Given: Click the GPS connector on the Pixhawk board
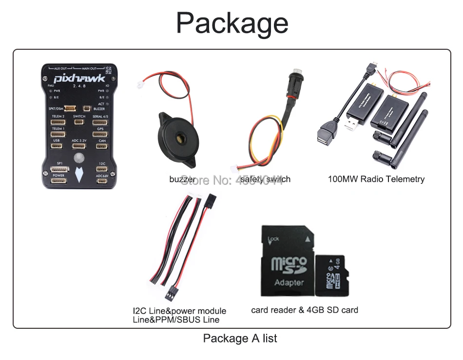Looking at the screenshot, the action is tap(100, 134).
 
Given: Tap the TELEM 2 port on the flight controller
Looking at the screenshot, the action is tap(58, 122).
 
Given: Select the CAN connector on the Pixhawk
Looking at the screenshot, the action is tap(102, 146).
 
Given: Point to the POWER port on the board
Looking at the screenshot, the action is tap(58, 181).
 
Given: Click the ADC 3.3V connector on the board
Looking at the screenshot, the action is tap(79, 146).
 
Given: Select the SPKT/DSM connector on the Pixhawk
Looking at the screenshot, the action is tap(70, 108).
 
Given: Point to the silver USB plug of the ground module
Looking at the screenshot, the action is tap(350, 125).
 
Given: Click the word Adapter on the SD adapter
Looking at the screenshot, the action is tap(289, 282).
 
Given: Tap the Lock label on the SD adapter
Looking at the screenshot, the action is tap(274, 239).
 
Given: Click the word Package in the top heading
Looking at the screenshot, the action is tap(232, 22).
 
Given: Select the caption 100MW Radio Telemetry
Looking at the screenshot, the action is tap(376, 179).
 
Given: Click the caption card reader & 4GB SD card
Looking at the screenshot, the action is tap(305, 310).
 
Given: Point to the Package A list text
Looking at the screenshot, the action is tap(240, 338).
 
